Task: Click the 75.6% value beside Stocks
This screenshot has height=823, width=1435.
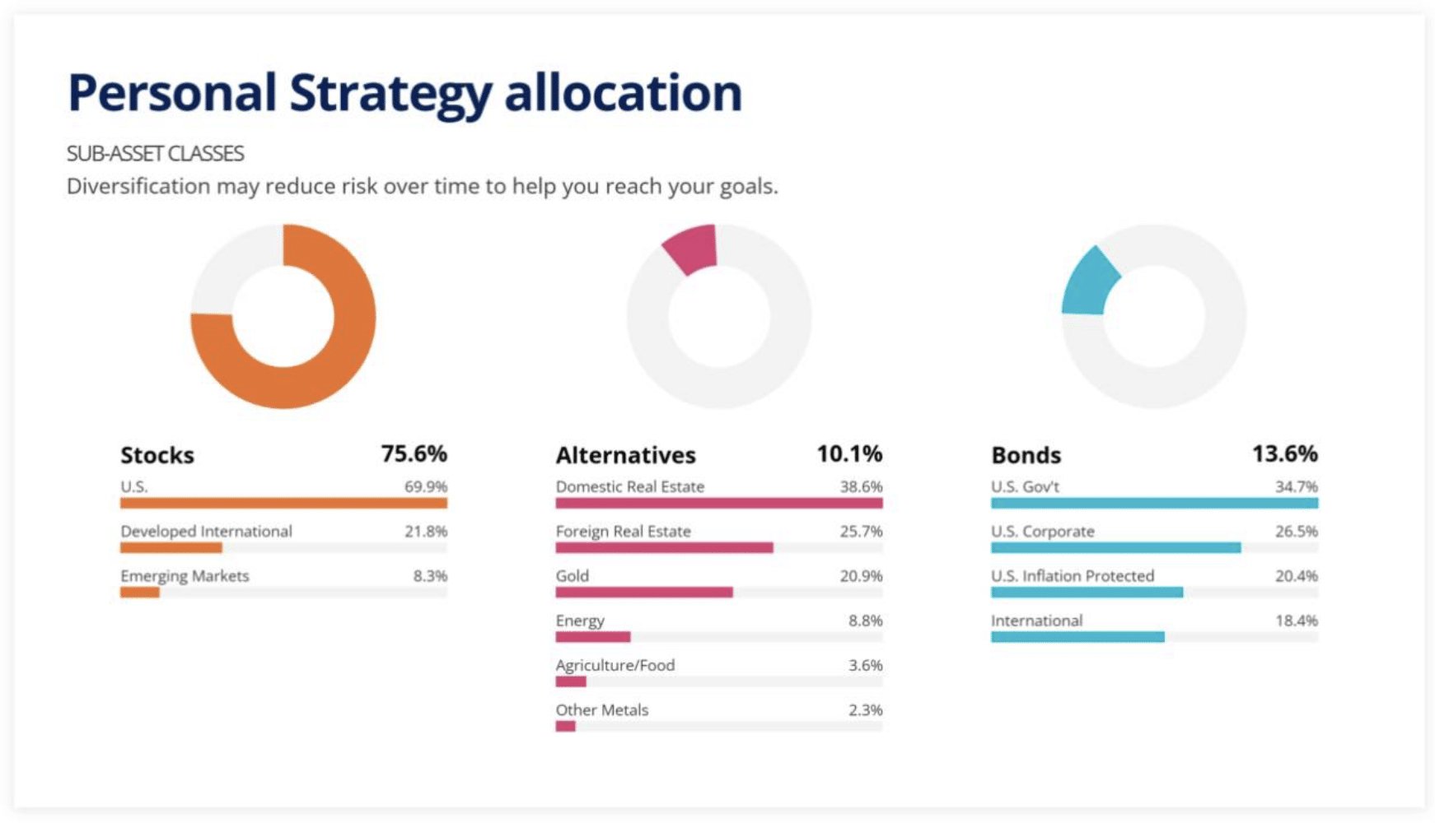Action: click(414, 454)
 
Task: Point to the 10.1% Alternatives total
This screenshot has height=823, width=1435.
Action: click(849, 454)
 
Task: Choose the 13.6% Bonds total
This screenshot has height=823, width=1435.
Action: click(1284, 454)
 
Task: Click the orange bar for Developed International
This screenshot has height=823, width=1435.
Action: click(171, 548)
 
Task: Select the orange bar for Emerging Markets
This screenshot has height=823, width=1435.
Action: click(140, 593)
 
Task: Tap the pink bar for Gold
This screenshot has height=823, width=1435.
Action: click(644, 593)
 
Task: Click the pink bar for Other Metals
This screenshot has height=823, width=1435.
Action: click(566, 726)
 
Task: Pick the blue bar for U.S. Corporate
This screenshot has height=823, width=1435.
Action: click(1115, 548)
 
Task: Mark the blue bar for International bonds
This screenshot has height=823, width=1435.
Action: click(1077, 637)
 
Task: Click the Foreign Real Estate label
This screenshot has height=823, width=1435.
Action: click(623, 532)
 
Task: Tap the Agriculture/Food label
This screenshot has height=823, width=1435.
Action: click(615, 665)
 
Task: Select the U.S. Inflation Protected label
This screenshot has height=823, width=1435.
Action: click(1072, 576)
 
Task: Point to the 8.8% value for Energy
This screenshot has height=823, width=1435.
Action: click(865, 621)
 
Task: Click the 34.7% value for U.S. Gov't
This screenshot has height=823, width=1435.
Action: click(1296, 487)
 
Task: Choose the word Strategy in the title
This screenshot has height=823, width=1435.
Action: click(390, 93)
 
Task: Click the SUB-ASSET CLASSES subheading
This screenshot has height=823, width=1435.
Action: click(155, 154)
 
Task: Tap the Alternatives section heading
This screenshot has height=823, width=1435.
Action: click(625, 455)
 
